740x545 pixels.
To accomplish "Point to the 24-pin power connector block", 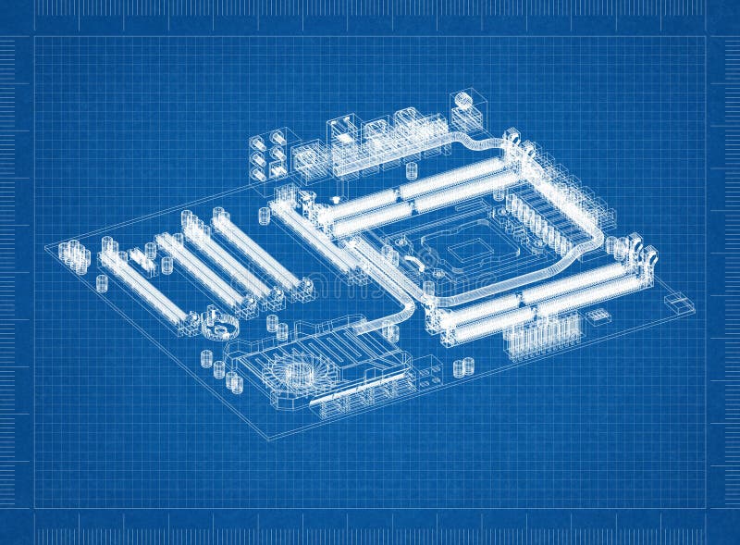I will tap(541, 339).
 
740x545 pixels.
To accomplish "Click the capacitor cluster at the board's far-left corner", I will tap(74, 256).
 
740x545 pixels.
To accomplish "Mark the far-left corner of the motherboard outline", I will tap(45, 247).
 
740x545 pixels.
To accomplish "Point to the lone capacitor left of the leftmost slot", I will tap(101, 283).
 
